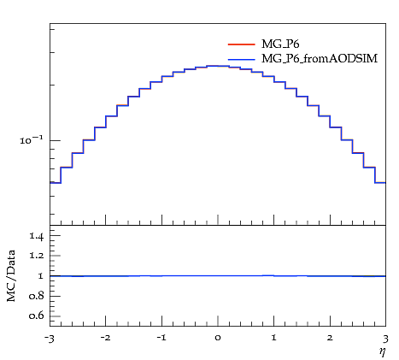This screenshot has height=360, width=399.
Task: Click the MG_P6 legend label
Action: (280, 44)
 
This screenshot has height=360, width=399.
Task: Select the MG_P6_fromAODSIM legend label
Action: (320, 59)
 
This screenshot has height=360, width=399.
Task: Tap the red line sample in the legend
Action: (241, 44)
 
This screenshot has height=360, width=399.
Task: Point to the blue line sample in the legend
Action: (241, 59)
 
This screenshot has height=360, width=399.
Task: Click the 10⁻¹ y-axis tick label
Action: (31, 139)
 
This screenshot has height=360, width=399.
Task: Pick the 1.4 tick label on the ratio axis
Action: (37, 236)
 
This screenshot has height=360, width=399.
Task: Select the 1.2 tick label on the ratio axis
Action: (37, 256)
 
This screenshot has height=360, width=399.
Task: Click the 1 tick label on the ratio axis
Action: (41, 276)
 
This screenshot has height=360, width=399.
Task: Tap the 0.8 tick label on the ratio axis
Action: (37, 296)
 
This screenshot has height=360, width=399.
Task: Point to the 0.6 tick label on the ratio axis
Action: (37, 316)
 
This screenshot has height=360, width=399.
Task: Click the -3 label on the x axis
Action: (49, 339)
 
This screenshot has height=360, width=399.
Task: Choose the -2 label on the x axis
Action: (105, 338)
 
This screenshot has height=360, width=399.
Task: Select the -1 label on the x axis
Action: (161, 338)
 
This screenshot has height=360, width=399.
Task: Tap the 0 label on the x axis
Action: (218, 338)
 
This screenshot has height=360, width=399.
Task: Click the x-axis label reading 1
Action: (274, 338)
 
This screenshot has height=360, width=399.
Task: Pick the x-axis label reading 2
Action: (330, 338)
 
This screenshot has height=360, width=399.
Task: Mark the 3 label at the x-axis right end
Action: (385, 339)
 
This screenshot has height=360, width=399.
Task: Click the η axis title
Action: (383, 352)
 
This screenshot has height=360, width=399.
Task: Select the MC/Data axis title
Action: (11, 275)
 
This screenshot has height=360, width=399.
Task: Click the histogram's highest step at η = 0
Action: (218, 66)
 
